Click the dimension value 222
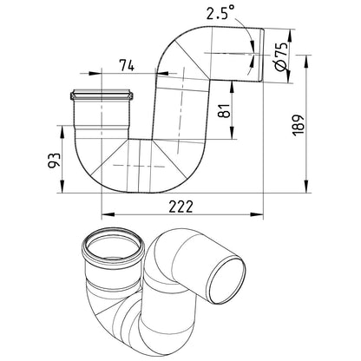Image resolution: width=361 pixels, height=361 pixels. pos(180,207)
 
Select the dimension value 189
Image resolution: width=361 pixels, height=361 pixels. pos(299,125)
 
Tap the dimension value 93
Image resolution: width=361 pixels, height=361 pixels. pos(55,160)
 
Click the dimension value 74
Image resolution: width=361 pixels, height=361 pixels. pos(127,65)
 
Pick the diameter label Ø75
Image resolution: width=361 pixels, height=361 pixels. pos(281,56)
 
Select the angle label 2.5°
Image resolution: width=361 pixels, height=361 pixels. pos(220,13)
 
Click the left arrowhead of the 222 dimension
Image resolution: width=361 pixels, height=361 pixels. pos(108,214)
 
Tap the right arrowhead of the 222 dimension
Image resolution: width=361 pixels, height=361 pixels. pos(257,214)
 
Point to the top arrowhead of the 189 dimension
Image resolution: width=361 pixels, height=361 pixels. pos(306,61)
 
